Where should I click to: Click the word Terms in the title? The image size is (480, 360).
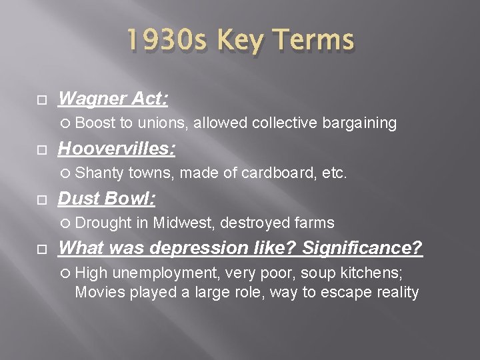click(x=314, y=41)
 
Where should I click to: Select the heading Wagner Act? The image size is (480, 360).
click(x=113, y=100)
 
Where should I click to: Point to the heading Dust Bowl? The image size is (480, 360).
click(x=107, y=199)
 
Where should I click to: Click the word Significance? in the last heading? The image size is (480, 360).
click(x=363, y=248)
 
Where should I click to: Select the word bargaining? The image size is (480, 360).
click(x=360, y=123)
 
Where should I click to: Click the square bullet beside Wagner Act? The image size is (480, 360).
click(x=41, y=101)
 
